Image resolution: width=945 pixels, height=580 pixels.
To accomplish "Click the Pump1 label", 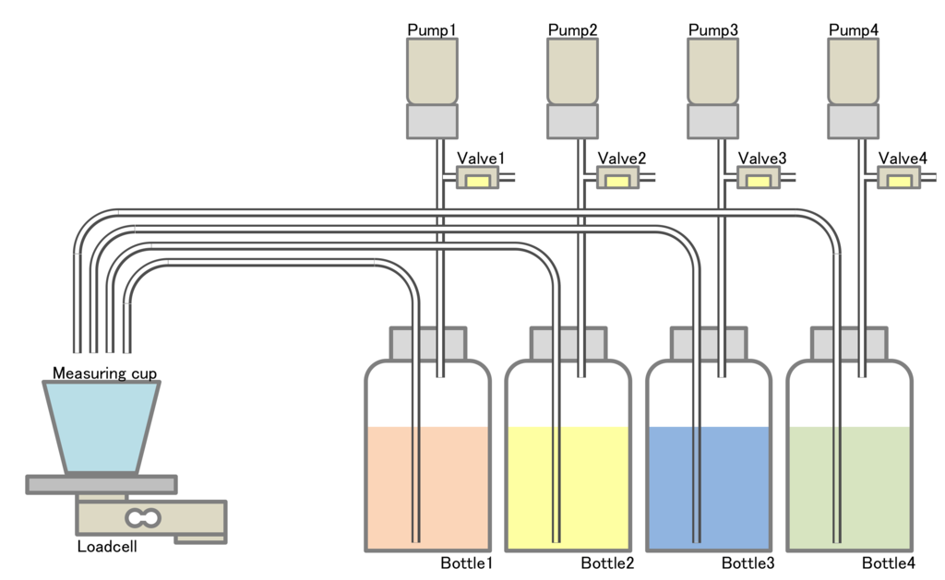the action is point(432,30).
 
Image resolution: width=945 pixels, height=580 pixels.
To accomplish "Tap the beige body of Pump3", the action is point(713,72).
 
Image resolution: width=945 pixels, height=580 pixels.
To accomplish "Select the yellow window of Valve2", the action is point(617,182).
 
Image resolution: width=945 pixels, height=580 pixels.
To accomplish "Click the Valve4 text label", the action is point(903,159).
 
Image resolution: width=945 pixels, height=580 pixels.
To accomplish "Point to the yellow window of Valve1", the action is point(477,182).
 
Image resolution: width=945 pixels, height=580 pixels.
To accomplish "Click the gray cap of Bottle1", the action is point(428,344).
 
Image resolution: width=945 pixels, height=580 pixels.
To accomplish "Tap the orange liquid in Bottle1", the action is point(427,488).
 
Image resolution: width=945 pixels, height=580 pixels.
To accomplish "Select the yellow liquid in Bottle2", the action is point(568,488).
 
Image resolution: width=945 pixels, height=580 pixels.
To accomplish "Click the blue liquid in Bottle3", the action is point(709,488).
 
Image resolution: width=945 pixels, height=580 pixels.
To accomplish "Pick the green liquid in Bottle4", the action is point(849,488).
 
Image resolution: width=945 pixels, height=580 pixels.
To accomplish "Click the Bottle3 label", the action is point(748,563).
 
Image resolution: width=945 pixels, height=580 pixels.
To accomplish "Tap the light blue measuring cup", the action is point(102,426).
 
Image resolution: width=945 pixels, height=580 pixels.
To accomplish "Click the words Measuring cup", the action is point(105,373).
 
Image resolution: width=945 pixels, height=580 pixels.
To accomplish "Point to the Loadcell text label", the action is point(107,546).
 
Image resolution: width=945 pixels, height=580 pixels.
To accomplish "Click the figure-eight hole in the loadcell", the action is point(143,517).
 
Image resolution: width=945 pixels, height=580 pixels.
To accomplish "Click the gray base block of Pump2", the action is point(572,122).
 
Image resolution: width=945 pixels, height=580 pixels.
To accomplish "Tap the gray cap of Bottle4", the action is point(849,344).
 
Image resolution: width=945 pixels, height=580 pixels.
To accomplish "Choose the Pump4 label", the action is point(854,30).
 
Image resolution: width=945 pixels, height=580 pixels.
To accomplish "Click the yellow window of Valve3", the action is point(759,182).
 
